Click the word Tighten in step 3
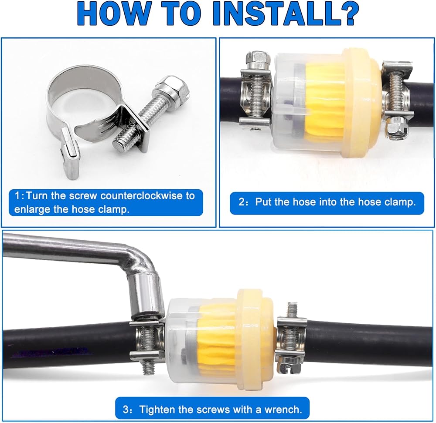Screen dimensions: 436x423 pyautogui.click(x=156, y=410)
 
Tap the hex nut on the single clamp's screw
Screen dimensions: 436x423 pyautogui.click(x=170, y=89)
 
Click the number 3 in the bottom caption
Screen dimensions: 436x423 pyautogui.click(x=126, y=410)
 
